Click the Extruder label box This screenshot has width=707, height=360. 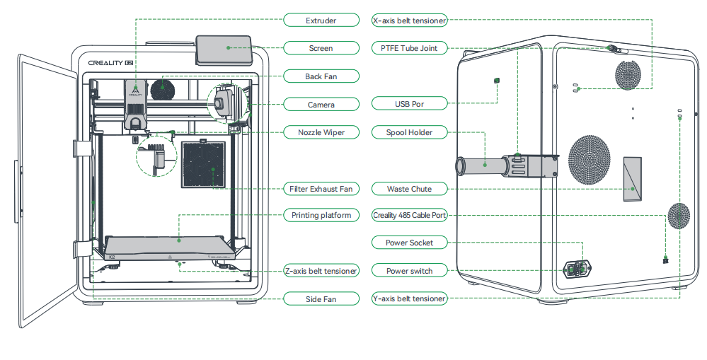321,21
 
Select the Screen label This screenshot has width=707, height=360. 321,48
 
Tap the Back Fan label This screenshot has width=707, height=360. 321,76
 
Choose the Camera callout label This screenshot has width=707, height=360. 321,105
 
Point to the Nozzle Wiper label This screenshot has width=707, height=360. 321,132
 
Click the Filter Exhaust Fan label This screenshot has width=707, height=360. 321,189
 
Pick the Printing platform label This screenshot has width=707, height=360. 321,215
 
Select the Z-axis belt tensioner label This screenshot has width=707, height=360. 321,271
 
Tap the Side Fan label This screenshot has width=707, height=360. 321,299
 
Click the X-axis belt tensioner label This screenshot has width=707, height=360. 409,21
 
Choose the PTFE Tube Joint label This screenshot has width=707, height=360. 409,48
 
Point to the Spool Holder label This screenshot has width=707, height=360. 409,132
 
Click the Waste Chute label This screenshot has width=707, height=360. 409,189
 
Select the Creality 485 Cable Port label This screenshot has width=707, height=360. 409,215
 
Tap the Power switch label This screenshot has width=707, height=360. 409,271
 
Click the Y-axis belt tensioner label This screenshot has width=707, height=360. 409,299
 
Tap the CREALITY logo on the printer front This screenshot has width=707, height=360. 106,62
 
